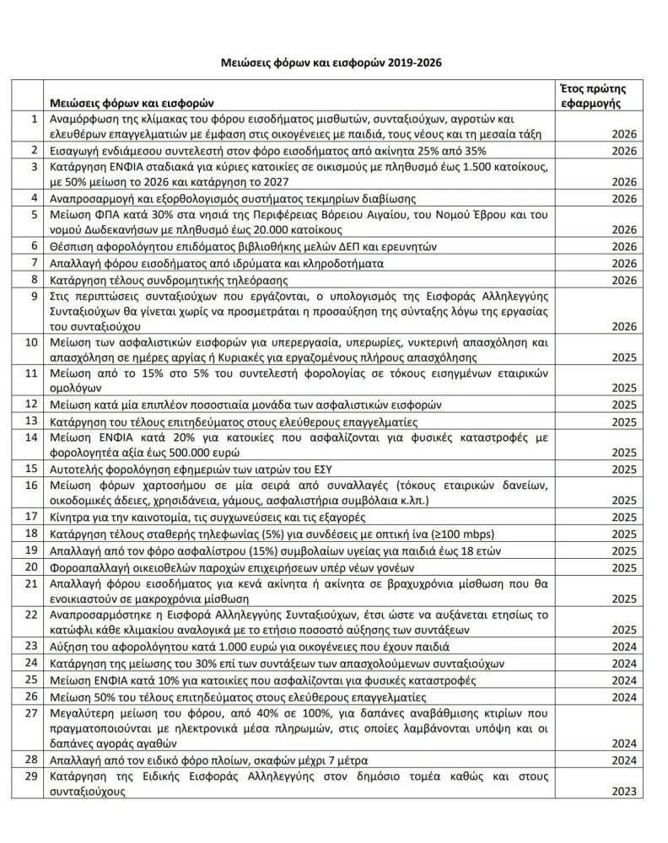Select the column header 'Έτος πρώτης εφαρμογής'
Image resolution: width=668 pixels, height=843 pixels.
pyautogui.click(x=591, y=96)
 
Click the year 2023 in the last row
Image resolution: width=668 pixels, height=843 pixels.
pyautogui.click(x=625, y=792)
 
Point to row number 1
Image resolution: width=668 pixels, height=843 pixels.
pyautogui.click(x=34, y=119)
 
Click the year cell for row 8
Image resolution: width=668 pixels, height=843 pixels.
pyautogui.click(x=625, y=280)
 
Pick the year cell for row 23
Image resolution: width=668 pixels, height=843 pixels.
pyautogui.click(x=625, y=647)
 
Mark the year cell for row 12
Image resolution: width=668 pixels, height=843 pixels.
pyautogui.click(x=625, y=405)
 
